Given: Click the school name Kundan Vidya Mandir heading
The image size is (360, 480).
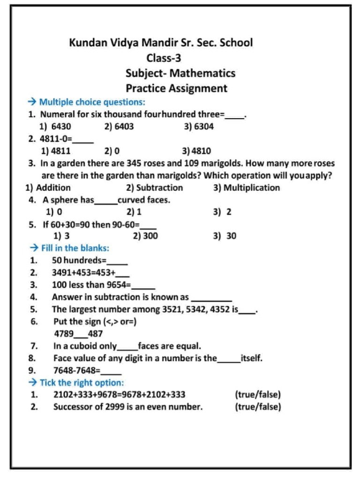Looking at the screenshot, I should click(x=161, y=43).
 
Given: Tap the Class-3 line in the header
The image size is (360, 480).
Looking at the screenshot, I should click(x=164, y=59).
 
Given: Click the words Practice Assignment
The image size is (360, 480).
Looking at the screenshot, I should click(x=176, y=89).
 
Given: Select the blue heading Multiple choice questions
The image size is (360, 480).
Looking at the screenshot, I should click(x=92, y=102).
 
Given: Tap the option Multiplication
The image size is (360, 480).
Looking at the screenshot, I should click(x=251, y=188).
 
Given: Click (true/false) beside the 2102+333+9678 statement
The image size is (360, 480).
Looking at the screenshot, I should click(x=258, y=395).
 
